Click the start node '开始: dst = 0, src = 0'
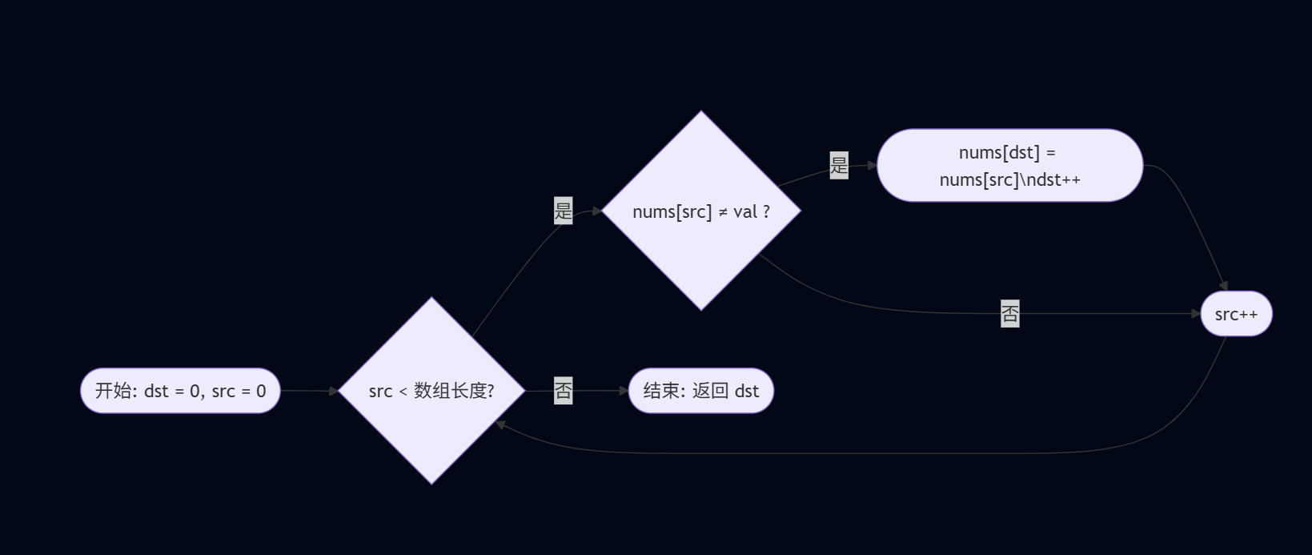pyautogui.click(x=180, y=391)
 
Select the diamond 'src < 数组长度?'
pyautogui.click(x=431, y=391)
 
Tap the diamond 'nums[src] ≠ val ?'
pyautogui.click(x=701, y=211)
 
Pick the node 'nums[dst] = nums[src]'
pyautogui.click(x=1009, y=166)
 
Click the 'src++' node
pyautogui.click(x=1236, y=314)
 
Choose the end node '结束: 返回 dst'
pyautogui.click(x=701, y=391)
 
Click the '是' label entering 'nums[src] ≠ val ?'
pyautogui.click(x=564, y=211)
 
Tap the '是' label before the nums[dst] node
pyautogui.click(x=839, y=166)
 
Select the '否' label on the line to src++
pyautogui.click(x=1010, y=314)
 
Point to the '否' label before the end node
pyautogui.click(x=564, y=391)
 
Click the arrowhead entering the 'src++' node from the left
pyautogui.click(x=1196, y=314)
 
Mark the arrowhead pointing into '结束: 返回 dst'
pyautogui.click(x=624, y=391)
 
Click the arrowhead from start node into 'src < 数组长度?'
pyautogui.click(x=334, y=391)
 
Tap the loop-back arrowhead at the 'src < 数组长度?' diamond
pyautogui.click(x=500, y=424)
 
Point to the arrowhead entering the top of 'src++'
pyautogui.click(x=1223, y=286)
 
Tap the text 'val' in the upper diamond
pyautogui.click(x=744, y=212)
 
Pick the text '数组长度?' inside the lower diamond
pyautogui.click(x=454, y=391)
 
